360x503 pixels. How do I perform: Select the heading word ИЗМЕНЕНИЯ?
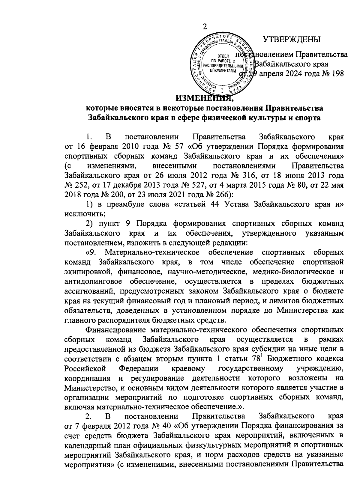point(204,98)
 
